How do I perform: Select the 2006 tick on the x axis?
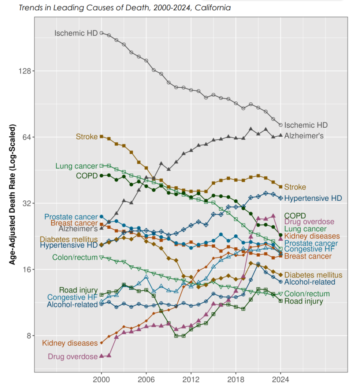coord(146,380)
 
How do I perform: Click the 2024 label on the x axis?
coord(281,380)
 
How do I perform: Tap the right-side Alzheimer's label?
coord(304,135)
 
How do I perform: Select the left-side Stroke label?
coord(87,137)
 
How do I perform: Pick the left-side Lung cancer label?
coord(76,166)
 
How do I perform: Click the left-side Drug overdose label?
coord(73,356)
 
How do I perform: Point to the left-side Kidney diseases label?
coord(70,343)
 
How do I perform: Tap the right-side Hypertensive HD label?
coord(313,198)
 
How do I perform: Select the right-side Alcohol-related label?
coord(310,282)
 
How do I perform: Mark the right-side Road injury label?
coord(303,301)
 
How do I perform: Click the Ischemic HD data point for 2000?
coord(101,33)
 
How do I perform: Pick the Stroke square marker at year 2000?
coord(101,136)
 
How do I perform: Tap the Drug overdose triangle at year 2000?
coord(101,356)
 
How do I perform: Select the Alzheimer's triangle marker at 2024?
coord(281,135)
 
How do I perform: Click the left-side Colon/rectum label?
coord(75,258)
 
